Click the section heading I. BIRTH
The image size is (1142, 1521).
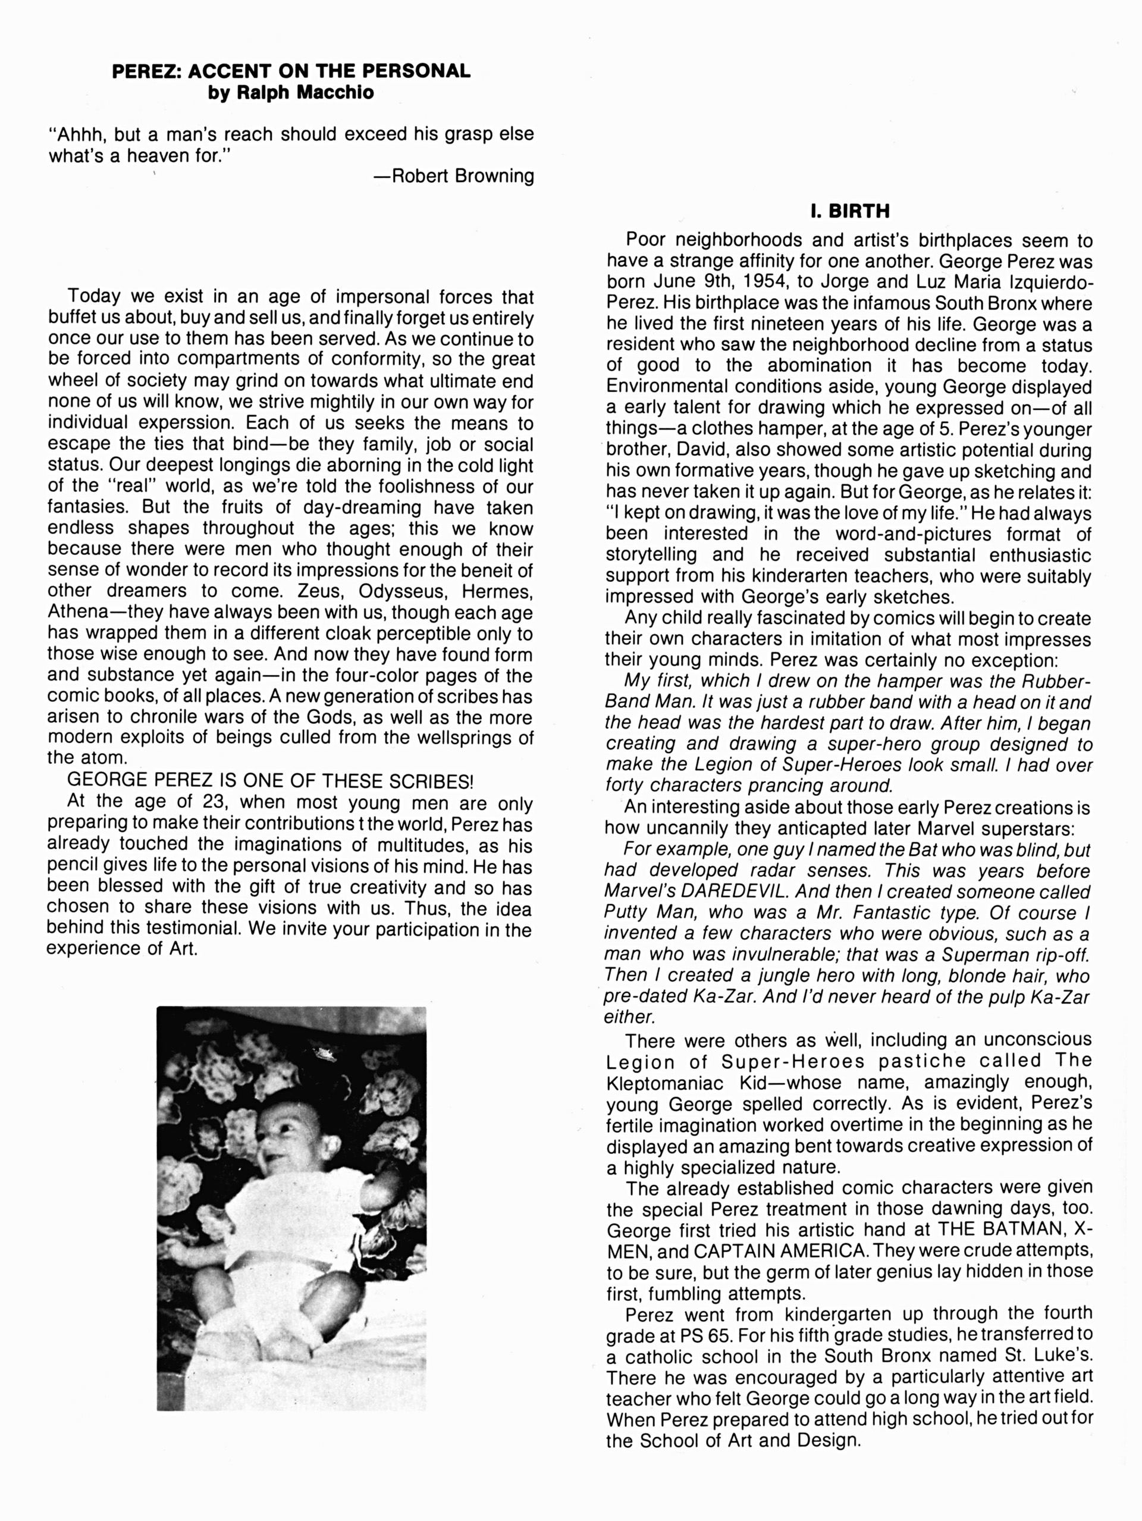850,211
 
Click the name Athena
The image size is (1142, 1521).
76,613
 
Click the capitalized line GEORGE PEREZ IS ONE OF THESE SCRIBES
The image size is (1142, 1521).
270,781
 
